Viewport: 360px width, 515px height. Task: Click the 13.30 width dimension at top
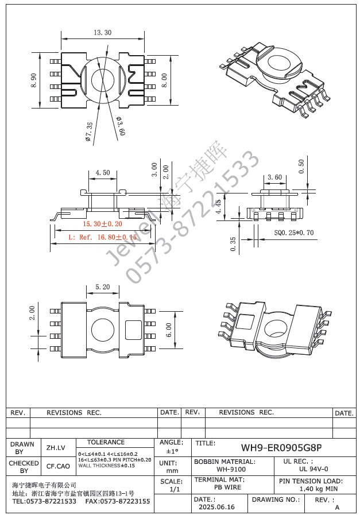[x=102, y=33]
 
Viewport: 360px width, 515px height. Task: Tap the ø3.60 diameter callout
[x=121, y=126]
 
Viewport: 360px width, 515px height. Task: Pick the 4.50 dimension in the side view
[x=103, y=172]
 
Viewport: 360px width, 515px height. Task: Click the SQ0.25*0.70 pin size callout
[x=294, y=233]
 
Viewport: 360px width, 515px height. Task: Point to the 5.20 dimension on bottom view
[x=103, y=286]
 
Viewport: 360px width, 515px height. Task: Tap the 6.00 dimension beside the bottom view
[x=169, y=330]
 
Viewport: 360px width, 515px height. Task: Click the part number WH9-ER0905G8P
[x=281, y=447]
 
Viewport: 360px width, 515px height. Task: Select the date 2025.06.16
[x=216, y=507]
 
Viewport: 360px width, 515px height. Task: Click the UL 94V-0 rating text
[x=313, y=469]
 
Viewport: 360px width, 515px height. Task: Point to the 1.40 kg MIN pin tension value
[x=319, y=489]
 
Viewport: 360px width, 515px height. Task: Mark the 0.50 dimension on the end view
[x=302, y=166]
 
